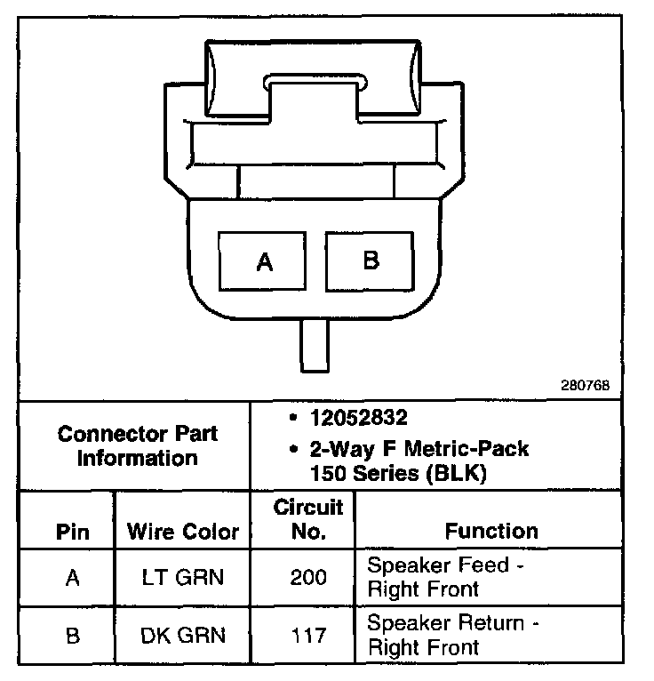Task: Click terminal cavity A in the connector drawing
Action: point(263,261)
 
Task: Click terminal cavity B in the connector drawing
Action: point(371,260)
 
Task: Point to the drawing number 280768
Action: point(585,387)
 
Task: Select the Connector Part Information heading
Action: point(137,446)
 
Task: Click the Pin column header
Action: point(73,532)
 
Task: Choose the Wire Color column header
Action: point(183,532)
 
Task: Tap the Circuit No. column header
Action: point(307,520)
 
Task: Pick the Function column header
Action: point(491,531)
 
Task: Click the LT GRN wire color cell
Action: point(183,578)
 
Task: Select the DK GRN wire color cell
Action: point(183,635)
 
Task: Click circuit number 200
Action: point(307,578)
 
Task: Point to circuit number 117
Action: point(307,635)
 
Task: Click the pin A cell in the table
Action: point(73,578)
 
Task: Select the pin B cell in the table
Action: point(73,635)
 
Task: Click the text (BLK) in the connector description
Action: point(458,474)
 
